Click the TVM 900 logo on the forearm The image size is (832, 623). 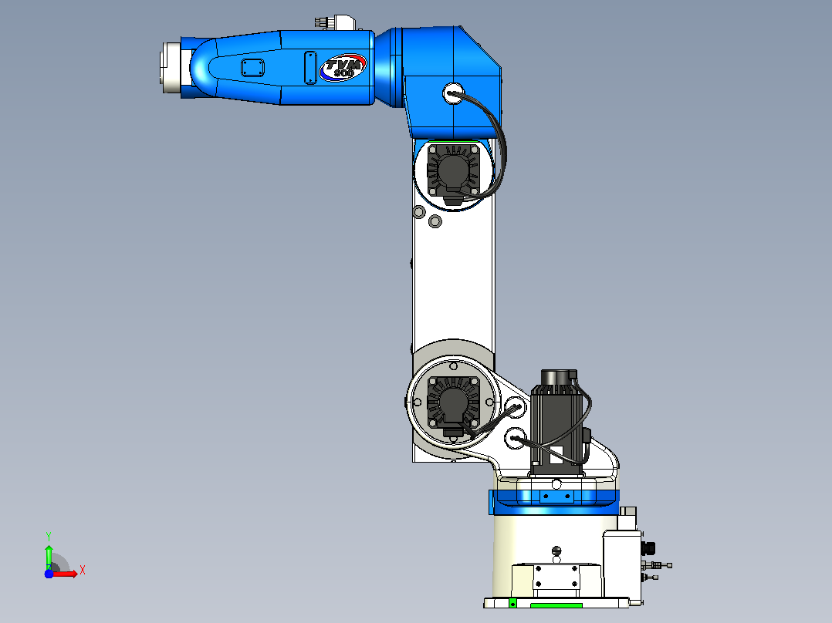(x=343, y=68)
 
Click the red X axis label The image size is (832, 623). (x=83, y=571)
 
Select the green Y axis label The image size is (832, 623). (x=49, y=536)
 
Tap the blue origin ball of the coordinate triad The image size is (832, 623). (x=49, y=574)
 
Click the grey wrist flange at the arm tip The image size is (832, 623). (x=171, y=68)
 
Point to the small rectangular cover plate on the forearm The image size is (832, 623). (x=252, y=68)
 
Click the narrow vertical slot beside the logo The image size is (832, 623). (x=310, y=67)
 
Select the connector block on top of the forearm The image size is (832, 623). (x=334, y=22)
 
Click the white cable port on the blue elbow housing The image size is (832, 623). (x=454, y=94)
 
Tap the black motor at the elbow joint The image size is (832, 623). (x=453, y=172)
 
